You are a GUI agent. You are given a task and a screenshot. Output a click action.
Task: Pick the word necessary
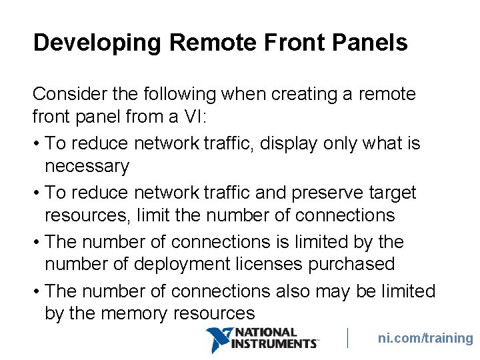87,166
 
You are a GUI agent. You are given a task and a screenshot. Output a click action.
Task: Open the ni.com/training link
425,338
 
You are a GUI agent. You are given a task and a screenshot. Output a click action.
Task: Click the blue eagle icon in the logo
218,339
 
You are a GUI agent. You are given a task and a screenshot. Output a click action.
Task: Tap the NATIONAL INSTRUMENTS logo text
273,338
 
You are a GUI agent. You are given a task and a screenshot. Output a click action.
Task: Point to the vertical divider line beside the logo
348,338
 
